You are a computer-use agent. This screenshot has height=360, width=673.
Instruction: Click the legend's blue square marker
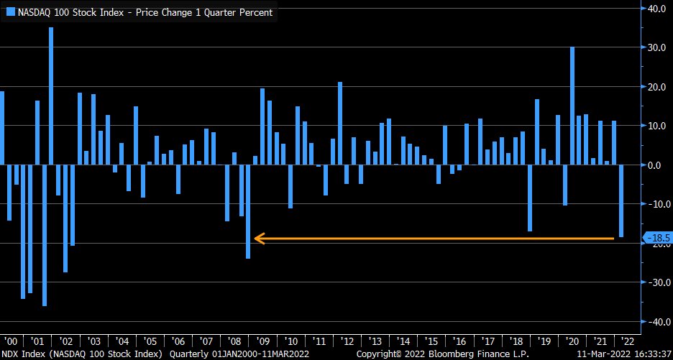click(12, 12)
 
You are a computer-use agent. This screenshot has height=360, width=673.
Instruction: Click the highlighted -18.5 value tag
click(658, 238)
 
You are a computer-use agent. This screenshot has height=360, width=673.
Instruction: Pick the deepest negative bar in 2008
click(248, 211)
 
